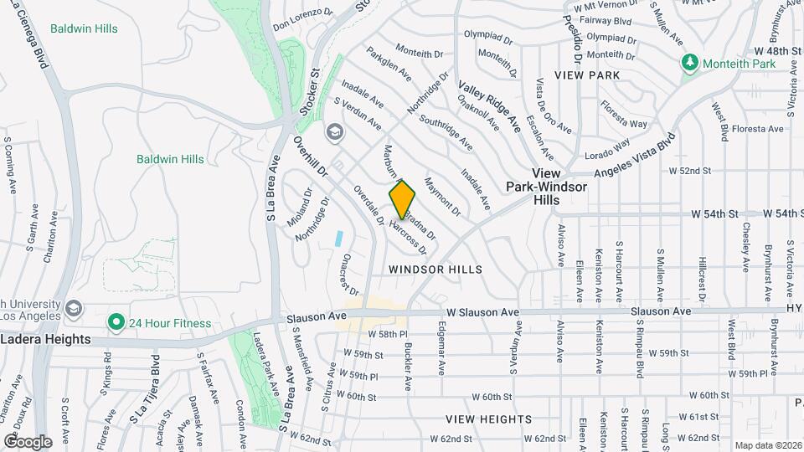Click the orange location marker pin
point(403,199)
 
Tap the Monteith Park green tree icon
point(690,63)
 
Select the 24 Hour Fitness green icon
point(114,321)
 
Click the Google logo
point(27,441)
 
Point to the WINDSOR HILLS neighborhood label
point(435,270)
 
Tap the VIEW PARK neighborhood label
point(592,75)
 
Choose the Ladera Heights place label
point(45,339)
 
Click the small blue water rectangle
point(339,237)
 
